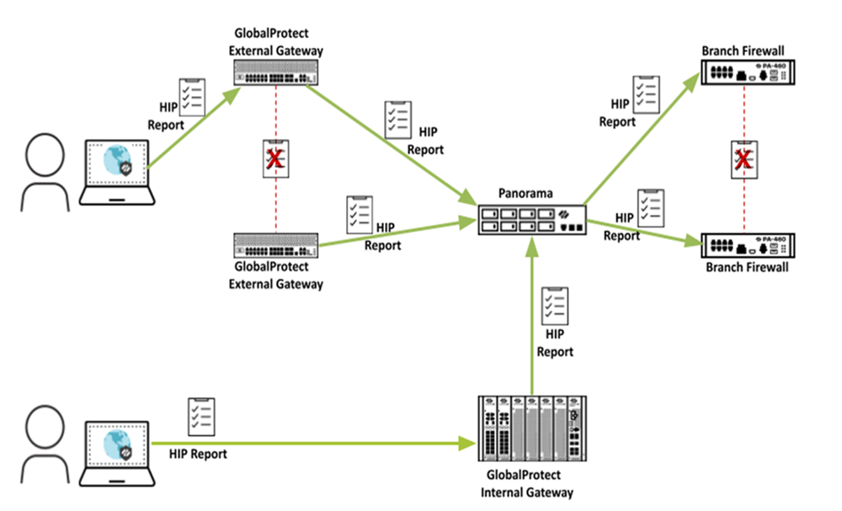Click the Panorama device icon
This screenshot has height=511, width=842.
click(x=531, y=220)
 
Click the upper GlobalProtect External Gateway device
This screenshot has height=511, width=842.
click(x=276, y=75)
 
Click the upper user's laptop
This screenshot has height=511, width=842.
click(x=118, y=173)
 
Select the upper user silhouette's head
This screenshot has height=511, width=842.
click(x=45, y=156)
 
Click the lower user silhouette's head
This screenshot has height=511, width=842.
click(x=45, y=425)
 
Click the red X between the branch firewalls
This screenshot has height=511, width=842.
click(x=742, y=160)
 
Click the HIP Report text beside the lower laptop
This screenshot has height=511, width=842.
click(x=199, y=454)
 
